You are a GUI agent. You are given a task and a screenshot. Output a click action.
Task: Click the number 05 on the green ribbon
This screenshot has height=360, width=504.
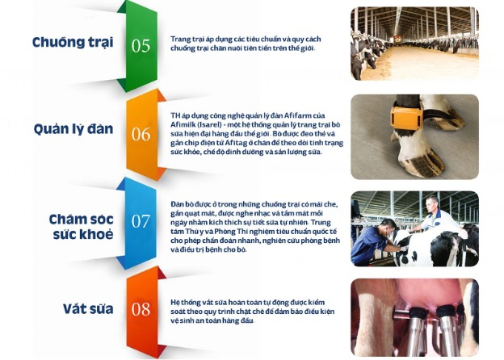pos(141,46)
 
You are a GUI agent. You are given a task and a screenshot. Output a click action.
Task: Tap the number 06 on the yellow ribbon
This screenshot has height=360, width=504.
pos(141,134)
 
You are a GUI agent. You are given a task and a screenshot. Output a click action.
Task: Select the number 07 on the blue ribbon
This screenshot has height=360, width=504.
pos(141,221)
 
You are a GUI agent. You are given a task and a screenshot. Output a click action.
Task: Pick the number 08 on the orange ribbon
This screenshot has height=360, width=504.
pos(141,309)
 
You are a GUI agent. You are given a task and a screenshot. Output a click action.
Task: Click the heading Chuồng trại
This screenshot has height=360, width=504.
pos(73,43)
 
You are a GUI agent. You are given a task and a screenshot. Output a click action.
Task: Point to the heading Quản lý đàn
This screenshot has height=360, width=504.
pos(73,129)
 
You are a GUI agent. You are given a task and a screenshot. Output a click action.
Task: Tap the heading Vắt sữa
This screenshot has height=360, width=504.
pos(88,309)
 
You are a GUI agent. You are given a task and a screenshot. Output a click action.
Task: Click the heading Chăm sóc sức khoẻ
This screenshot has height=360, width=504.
pos(81,227)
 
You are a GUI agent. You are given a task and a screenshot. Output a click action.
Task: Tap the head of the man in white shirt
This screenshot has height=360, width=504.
pos(431,203)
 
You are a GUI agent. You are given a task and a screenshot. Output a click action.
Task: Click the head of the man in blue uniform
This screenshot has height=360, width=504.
pos(388,227)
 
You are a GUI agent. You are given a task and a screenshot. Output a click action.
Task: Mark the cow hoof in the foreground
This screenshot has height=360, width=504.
pos(422,162)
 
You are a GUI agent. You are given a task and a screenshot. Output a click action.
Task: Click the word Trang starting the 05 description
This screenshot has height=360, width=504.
pos(178,40)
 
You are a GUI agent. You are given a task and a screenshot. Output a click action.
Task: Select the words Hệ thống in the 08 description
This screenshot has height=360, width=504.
pos(186,302)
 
